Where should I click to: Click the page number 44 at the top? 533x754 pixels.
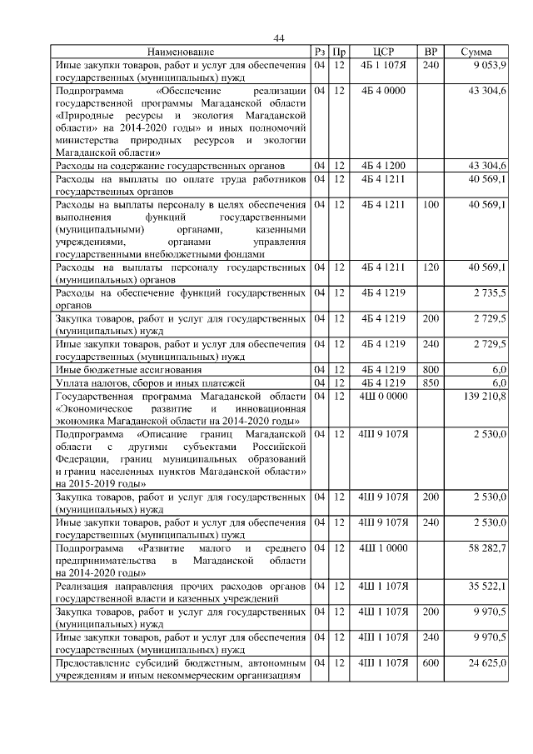point(279,38)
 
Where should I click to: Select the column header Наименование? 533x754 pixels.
point(182,52)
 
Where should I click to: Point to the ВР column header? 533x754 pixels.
point(431,52)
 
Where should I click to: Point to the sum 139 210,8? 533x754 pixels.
point(485,396)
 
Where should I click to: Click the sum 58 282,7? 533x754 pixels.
point(490,549)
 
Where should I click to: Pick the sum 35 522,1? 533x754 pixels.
point(490,587)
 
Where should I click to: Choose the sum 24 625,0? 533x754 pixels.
point(490,664)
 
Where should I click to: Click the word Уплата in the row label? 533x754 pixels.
point(72,382)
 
